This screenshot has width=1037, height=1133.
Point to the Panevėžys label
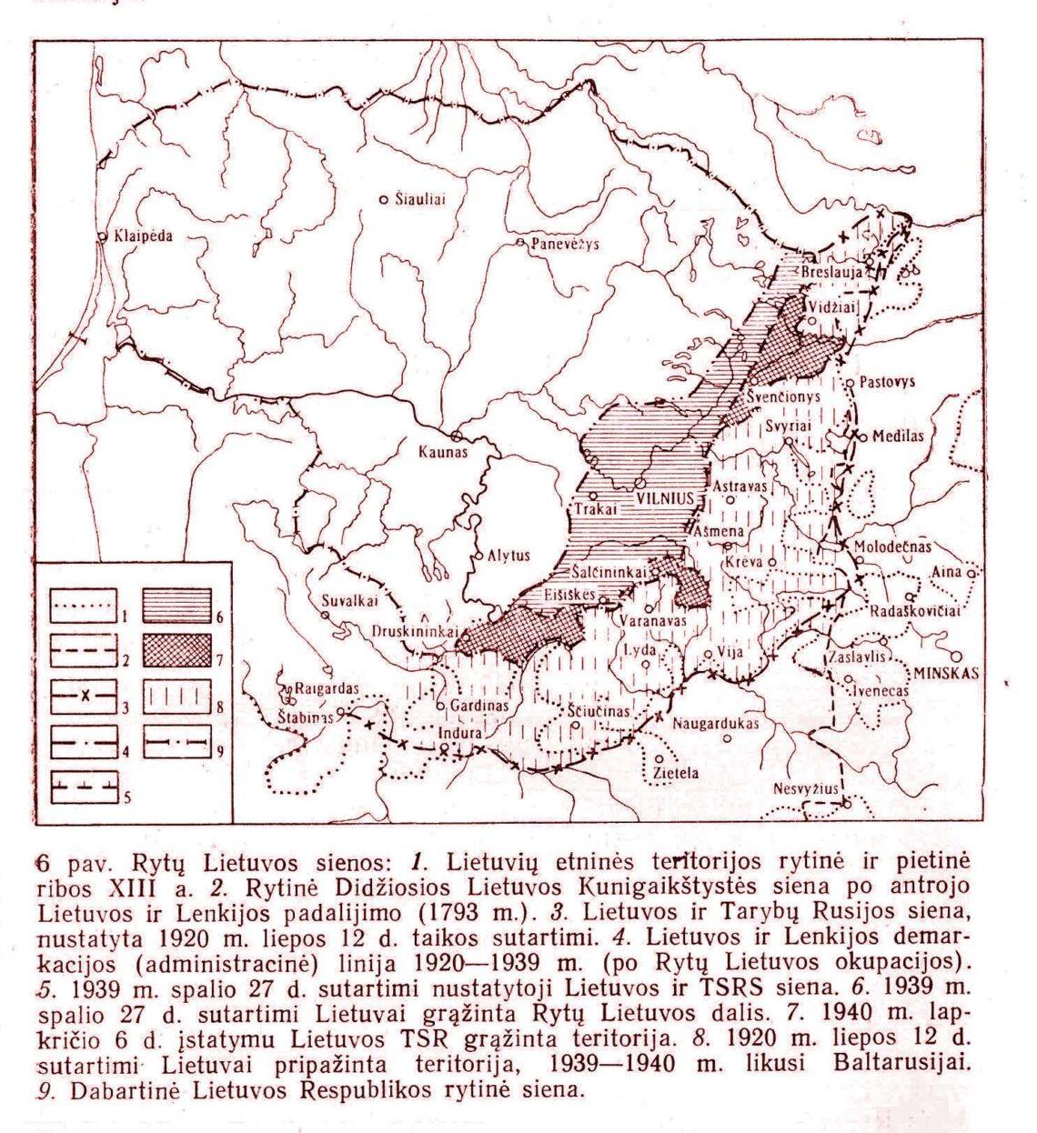coord(565,244)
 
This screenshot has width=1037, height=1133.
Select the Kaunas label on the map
coord(442,451)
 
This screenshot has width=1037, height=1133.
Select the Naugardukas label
coord(716,724)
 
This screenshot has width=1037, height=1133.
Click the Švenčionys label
coord(786,397)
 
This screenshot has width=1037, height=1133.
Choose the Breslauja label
coord(833,271)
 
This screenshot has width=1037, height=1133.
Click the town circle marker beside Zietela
coord(658,757)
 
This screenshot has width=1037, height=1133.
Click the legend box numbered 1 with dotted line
coord(83,606)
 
